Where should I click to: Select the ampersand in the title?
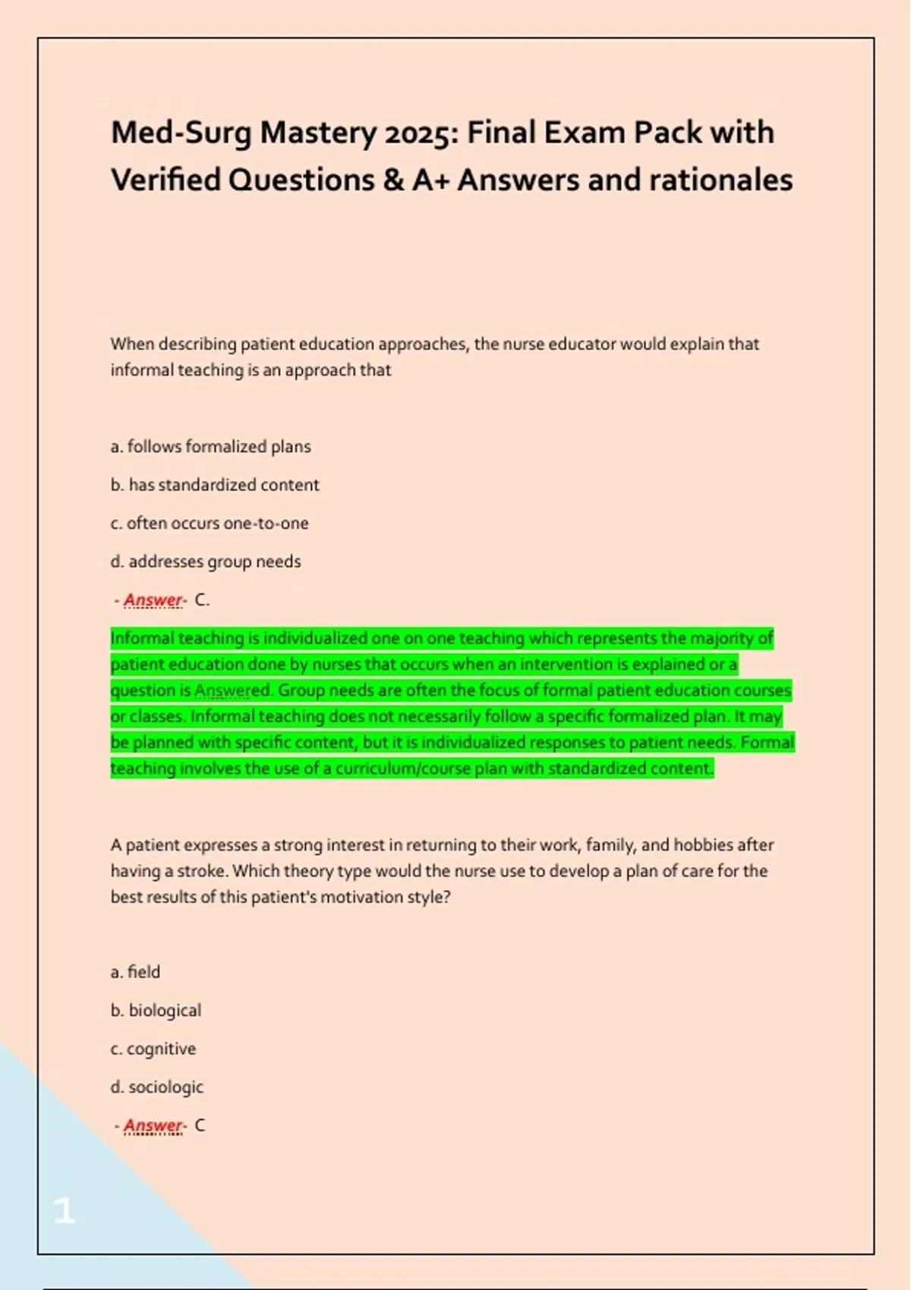point(393,181)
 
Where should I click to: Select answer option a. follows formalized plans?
point(210,447)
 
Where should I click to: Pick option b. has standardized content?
point(215,485)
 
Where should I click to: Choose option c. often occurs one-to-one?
point(210,524)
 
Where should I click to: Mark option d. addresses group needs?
point(206,562)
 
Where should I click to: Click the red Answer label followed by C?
point(153,600)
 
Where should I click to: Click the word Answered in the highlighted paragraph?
point(232,691)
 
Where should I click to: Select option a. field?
point(135,972)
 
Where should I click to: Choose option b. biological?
point(156,1011)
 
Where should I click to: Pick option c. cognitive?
point(153,1049)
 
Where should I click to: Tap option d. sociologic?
point(157,1087)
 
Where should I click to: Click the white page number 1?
point(65,1210)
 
